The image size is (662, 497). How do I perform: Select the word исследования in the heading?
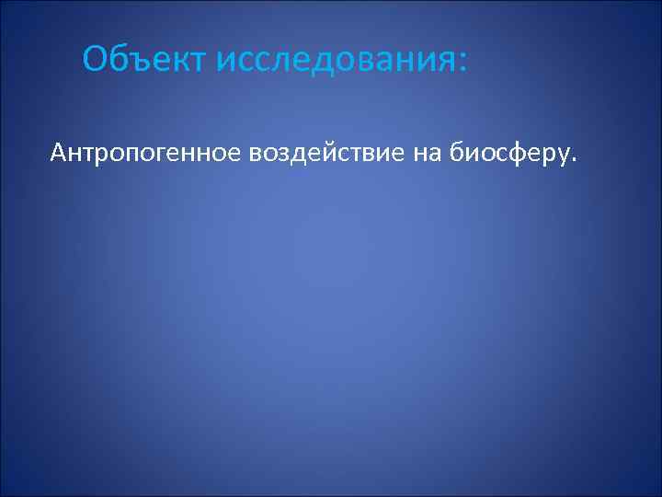click(335, 61)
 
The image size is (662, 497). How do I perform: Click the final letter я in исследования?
click(444, 63)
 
